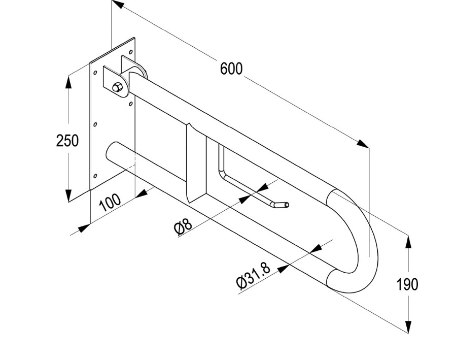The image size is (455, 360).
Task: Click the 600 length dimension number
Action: pyautogui.click(x=231, y=69)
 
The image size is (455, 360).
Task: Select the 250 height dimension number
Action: pyautogui.click(x=67, y=140)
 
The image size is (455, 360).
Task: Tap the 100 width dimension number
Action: pyautogui.click(x=110, y=202)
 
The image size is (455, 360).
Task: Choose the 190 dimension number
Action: pyautogui.click(x=408, y=284)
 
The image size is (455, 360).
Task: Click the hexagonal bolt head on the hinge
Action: pyautogui.click(x=117, y=87)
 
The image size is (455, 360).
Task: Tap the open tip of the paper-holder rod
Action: pyautogui.click(x=287, y=205)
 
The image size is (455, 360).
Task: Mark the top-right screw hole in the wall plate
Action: pyautogui.click(x=131, y=51)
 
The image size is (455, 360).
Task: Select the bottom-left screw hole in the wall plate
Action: pyautogui.click(x=94, y=177)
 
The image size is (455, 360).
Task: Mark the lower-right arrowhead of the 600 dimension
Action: pyautogui.click(x=363, y=144)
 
